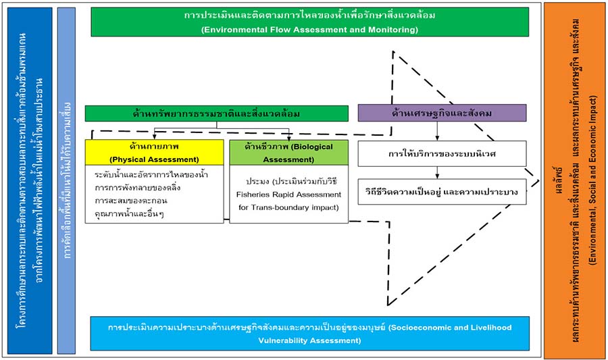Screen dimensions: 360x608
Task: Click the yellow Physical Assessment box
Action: click(154, 152)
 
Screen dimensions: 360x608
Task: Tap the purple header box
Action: click(441, 113)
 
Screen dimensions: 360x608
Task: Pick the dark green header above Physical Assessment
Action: click(216, 113)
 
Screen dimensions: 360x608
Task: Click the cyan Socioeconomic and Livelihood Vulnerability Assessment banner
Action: click(310, 334)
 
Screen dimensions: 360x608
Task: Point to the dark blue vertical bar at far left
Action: click(28, 180)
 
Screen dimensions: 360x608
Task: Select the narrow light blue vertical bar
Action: click(67, 180)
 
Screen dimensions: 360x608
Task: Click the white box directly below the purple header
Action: click(441, 153)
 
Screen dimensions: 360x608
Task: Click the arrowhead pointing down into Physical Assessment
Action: click(155, 136)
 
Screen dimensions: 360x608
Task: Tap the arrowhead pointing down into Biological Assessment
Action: click(288, 136)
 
